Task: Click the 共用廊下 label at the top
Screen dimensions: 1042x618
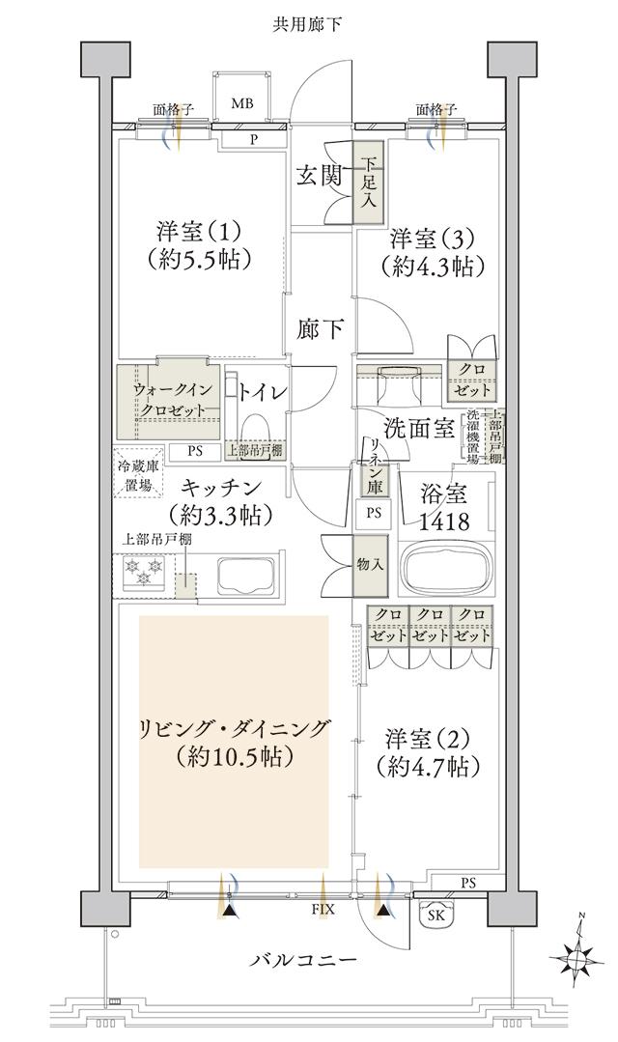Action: click(307, 22)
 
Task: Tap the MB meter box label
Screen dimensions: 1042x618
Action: click(241, 104)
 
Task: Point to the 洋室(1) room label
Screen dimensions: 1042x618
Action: click(201, 233)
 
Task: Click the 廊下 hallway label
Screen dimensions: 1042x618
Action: click(321, 329)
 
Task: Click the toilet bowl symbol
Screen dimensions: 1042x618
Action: click(256, 426)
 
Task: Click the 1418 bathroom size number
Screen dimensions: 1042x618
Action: click(443, 522)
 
